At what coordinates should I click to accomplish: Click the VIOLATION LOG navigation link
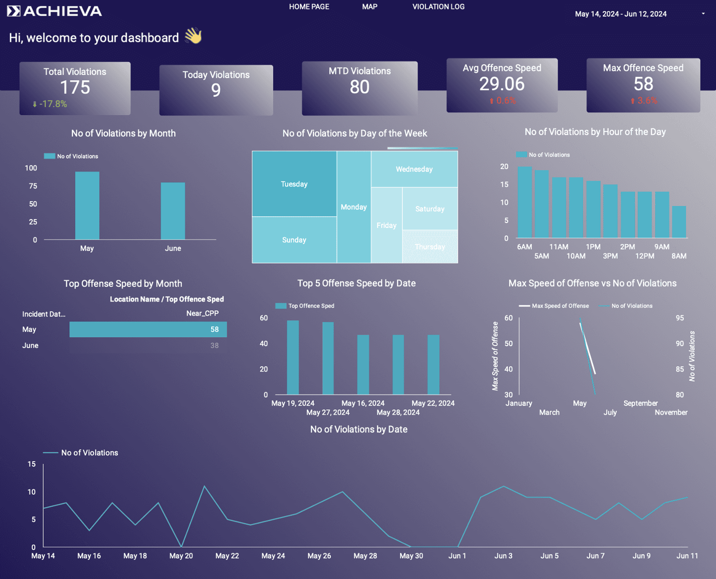pos(438,7)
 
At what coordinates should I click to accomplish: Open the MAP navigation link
pos(370,7)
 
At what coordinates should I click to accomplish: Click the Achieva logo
pos(55,11)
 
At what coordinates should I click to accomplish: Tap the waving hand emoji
pos(193,36)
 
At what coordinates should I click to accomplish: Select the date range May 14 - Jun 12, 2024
pos(621,14)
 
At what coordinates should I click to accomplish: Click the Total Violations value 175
pos(75,87)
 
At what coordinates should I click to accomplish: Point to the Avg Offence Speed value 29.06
pos(502,84)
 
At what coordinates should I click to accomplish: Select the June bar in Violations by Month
pos(173,210)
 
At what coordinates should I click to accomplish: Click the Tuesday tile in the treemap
pos(294,184)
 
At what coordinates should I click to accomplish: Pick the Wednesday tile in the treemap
pos(414,169)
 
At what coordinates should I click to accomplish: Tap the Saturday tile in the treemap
pos(430,209)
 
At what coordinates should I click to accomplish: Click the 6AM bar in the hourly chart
pos(525,202)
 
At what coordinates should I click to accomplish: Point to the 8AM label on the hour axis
pos(679,256)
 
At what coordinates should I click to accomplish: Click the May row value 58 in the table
pos(215,330)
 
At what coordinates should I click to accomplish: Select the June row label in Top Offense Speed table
pos(30,346)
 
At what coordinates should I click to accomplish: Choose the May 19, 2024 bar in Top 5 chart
pos(293,357)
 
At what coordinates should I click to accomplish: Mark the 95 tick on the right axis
pos(680,318)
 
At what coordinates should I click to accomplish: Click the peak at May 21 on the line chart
pos(205,486)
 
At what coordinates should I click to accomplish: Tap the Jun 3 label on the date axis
pos(503,556)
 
